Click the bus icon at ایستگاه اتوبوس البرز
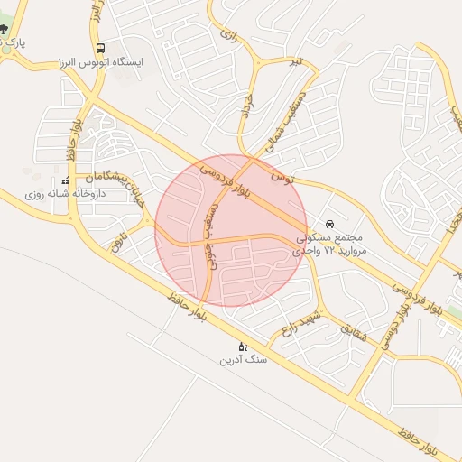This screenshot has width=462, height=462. (99, 48)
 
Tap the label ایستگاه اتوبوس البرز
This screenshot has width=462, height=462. (100, 62)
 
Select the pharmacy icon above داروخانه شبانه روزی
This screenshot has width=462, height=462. (65, 181)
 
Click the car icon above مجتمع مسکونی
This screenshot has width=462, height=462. (330, 222)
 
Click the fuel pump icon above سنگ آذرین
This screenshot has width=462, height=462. (242, 346)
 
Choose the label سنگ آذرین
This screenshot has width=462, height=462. (243, 359)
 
